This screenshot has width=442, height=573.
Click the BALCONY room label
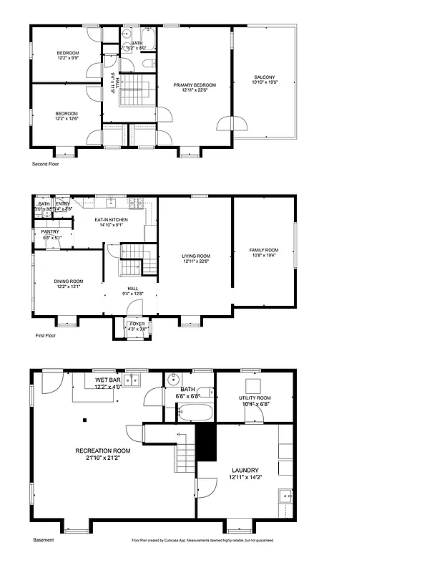[264, 77]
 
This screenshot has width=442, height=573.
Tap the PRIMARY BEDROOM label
[194, 85]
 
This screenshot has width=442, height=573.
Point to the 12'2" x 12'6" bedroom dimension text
[67, 119]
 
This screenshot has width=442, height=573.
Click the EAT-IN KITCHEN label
[111, 220]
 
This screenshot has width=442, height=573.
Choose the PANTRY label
[50, 232]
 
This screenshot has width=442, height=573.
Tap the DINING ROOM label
[69, 281]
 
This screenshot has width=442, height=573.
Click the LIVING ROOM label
[195, 256]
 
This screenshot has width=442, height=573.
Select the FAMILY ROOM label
[263, 250]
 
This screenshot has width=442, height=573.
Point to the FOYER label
[137, 324]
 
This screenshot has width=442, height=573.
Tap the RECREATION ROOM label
[103, 451]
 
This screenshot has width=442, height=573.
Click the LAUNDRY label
[244, 470]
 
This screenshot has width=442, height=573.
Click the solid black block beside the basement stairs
[205, 443]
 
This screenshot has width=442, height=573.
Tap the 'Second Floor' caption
[45, 164]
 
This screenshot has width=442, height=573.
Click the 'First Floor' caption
[45, 335]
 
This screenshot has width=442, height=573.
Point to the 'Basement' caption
[43, 540]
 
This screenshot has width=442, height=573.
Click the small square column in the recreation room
[84, 420]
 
